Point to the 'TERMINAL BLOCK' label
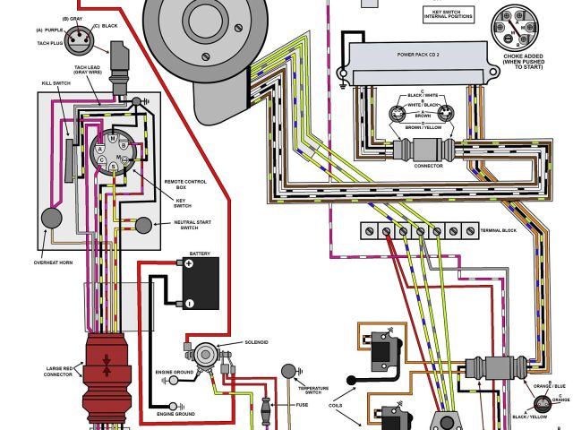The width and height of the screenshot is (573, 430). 500,231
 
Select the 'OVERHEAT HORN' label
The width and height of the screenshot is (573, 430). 52,262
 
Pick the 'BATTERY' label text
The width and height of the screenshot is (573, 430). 200,254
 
